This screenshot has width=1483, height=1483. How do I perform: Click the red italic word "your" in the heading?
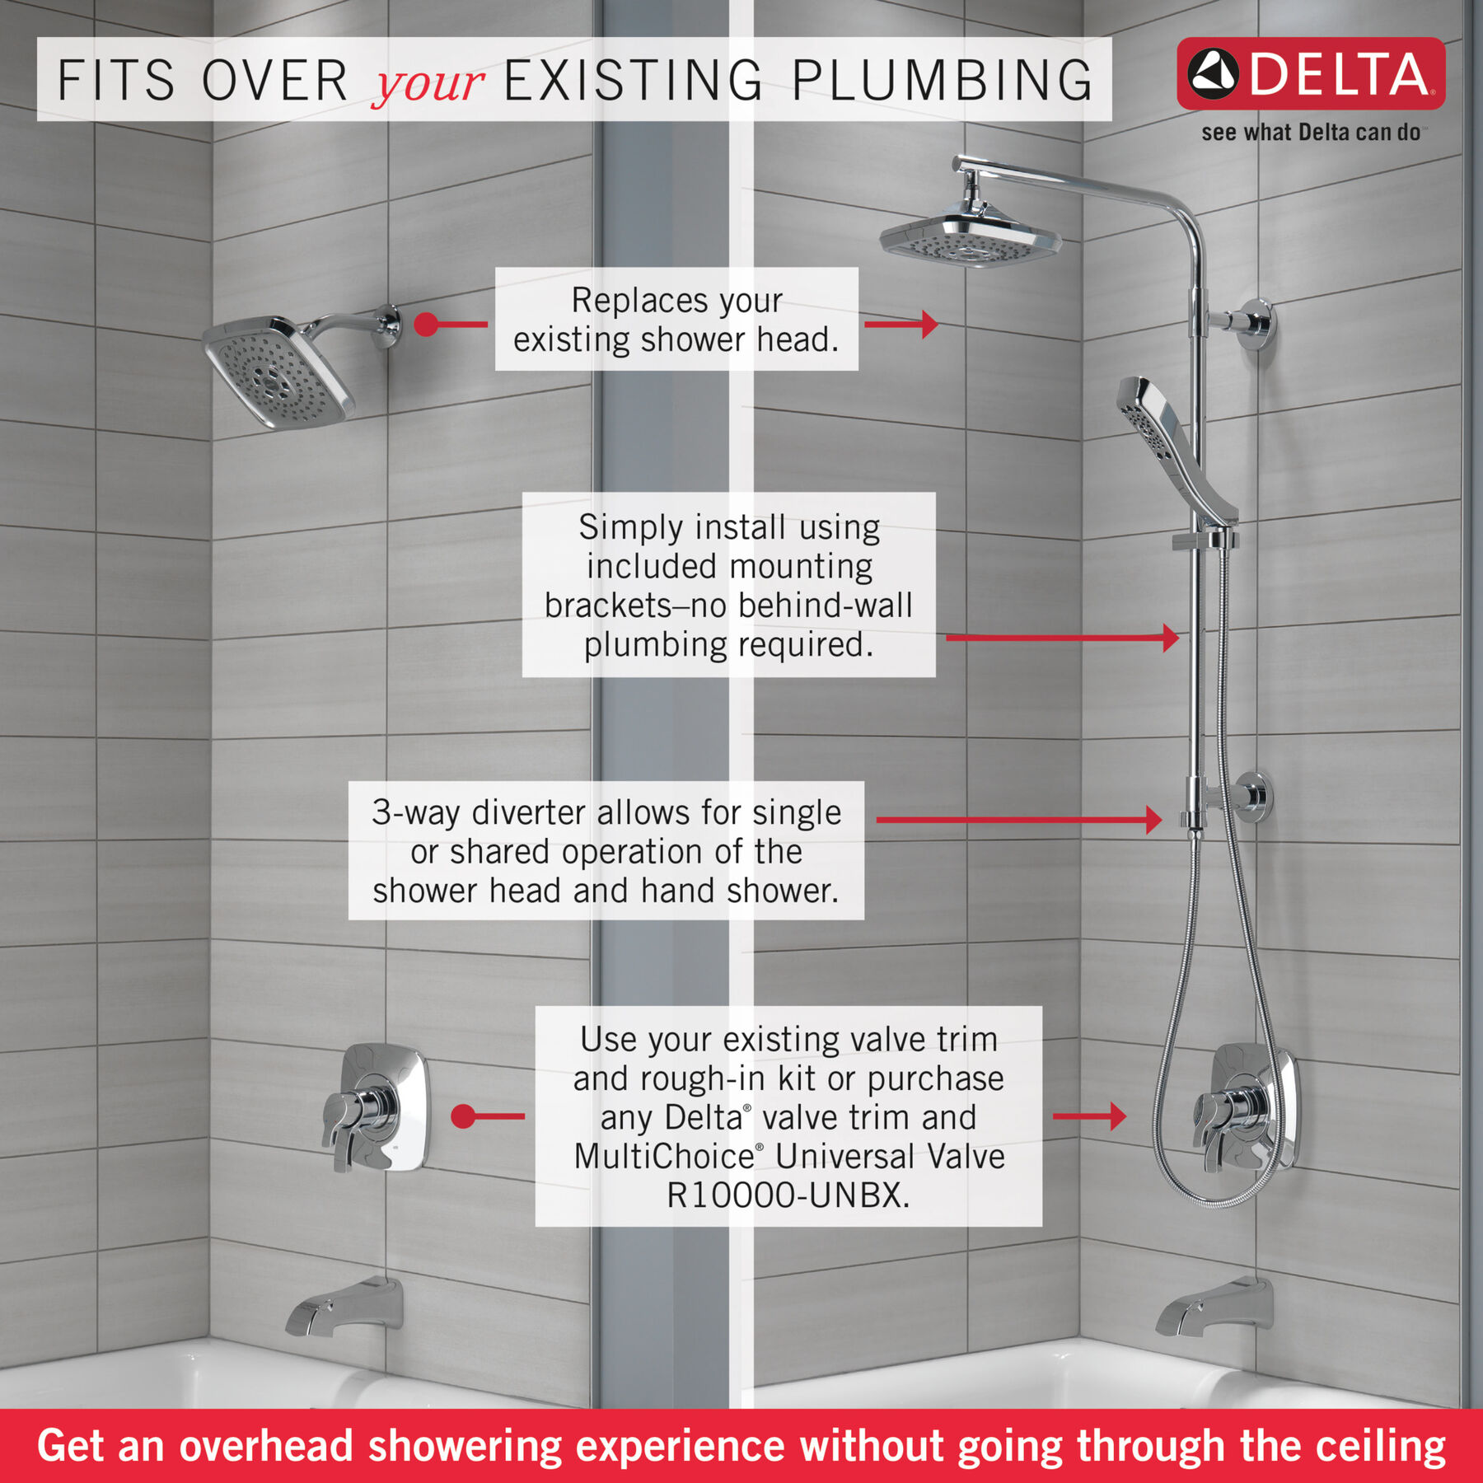428,82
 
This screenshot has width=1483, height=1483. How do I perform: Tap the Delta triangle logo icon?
1212,73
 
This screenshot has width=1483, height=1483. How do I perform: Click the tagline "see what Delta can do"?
1310,133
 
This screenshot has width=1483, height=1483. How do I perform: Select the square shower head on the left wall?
278,372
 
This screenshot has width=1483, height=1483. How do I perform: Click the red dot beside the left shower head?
426,324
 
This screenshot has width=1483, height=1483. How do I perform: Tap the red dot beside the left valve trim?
464,1116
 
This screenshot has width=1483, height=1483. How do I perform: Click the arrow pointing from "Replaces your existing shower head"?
902,324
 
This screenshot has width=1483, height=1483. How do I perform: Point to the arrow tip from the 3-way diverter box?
1155,819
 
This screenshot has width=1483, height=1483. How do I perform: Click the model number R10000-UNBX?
788,1195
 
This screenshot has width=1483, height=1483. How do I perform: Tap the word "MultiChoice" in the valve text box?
664,1157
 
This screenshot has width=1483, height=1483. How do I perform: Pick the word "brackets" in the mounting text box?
608,606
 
